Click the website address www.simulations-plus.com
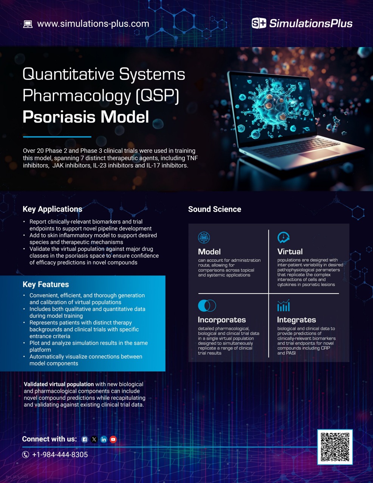tap(93, 24)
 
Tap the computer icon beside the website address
tap(28, 24)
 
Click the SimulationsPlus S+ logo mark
tap(259, 23)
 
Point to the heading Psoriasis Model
tap(86, 117)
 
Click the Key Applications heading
tap(52, 209)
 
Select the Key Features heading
tap(46, 284)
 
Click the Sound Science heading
tap(214, 209)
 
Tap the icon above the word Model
tap(204, 238)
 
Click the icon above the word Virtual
tap(283, 238)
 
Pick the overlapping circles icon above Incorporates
tap(207, 305)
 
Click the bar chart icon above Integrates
tap(283, 306)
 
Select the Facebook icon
tap(85, 440)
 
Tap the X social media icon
tap(94, 440)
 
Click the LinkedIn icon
tap(104, 440)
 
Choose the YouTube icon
tap(113, 440)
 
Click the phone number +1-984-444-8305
tap(60, 455)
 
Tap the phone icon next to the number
tap(26, 455)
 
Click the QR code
tap(335, 447)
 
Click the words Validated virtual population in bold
tap(59, 384)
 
